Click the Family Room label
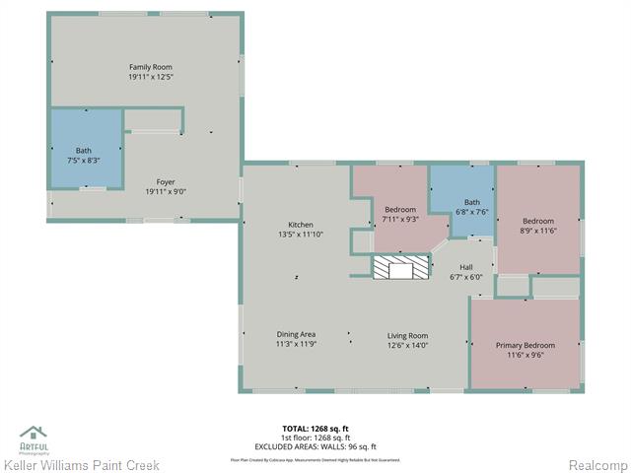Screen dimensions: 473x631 144,66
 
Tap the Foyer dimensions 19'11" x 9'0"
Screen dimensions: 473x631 166,193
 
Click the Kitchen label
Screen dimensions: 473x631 300,225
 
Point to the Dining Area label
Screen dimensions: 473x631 296,335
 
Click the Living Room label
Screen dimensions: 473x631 407,335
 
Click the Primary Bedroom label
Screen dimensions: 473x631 526,345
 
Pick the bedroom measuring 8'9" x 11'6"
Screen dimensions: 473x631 538,226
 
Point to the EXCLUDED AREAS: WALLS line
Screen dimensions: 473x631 315,446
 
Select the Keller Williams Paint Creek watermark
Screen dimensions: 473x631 73,464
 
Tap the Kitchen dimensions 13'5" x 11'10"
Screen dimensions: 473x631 300,235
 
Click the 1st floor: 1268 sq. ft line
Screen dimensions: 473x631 315,438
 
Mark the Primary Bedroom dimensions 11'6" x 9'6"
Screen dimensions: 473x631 526,355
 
